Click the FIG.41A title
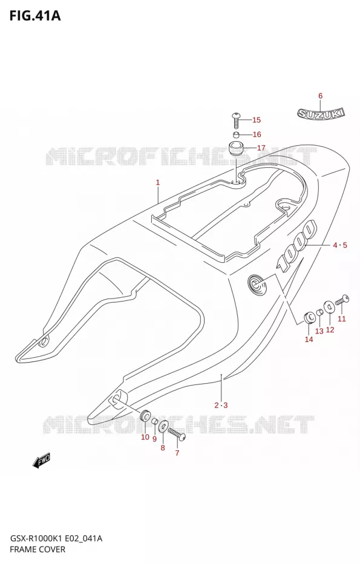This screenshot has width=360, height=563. point(35,16)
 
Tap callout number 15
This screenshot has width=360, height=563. point(257,120)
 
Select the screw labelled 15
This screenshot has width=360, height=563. point(236,120)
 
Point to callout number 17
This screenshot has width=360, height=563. point(261,148)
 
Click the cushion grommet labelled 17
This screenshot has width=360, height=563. point(236,148)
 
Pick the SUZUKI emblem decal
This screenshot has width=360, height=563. point(321,113)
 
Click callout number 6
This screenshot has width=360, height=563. point(321,96)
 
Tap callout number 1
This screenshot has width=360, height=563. point(157,183)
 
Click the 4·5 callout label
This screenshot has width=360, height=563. point(340,245)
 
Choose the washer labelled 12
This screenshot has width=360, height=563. point(329,307)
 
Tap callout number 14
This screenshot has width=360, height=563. point(309,339)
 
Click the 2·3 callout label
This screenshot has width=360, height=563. point(221,406)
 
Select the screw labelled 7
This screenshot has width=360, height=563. point(177,433)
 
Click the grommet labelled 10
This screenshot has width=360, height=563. point(145,416)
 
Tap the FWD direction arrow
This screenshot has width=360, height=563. point(42,461)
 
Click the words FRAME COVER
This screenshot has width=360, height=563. point(38,549)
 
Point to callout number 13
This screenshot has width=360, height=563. point(319,331)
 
